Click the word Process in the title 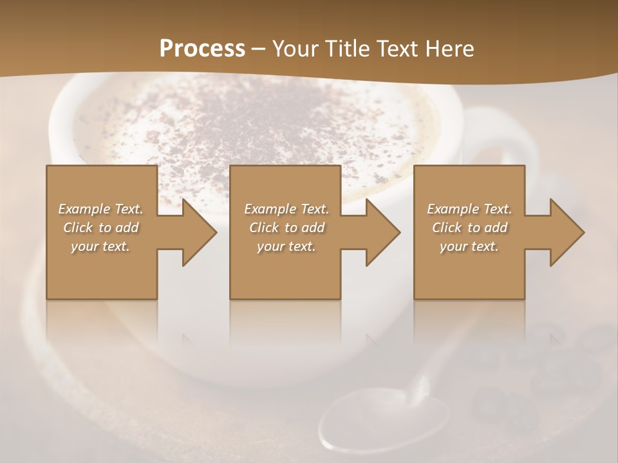tap(202, 49)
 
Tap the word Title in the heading tap(348, 49)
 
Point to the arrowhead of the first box tap(199, 232)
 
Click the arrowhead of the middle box tap(382, 232)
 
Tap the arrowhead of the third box tap(566, 232)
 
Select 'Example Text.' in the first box tap(100, 209)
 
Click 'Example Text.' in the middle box tap(286, 209)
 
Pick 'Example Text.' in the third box tap(469, 209)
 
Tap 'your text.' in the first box tap(100, 246)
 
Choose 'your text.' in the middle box tap(286, 246)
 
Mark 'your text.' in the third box tap(469, 246)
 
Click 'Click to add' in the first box tap(100, 228)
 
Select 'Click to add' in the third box tap(469, 228)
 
